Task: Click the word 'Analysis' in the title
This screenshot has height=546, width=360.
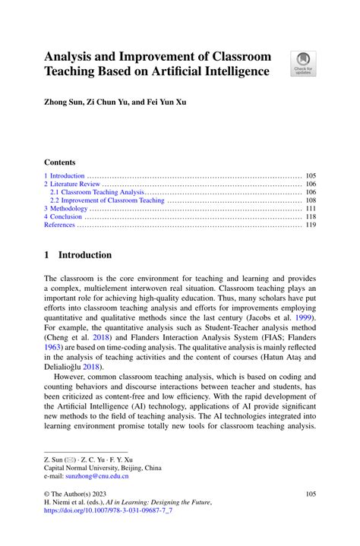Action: click(x=71, y=57)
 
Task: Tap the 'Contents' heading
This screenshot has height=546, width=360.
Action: click(x=60, y=162)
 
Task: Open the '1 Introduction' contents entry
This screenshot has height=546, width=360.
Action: click(x=65, y=175)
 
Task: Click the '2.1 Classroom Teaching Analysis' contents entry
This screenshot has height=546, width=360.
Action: click(x=96, y=192)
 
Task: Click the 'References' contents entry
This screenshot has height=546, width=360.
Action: click(x=60, y=225)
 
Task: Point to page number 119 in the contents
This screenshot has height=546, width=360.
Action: click(x=310, y=225)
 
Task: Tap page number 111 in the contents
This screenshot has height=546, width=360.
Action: click(x=310, y=209)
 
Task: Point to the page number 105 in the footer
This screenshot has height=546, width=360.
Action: click(x=309, y=494)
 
